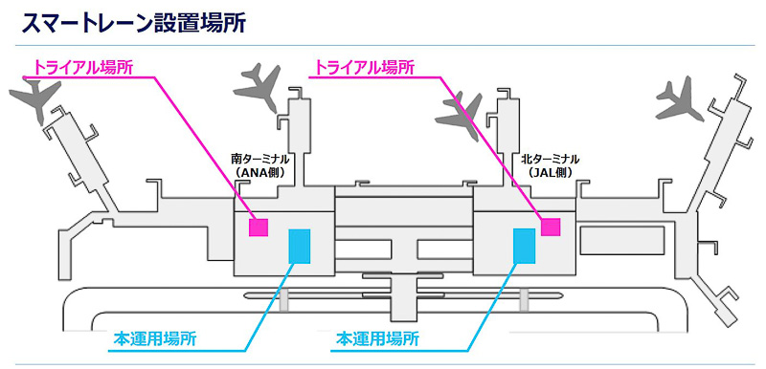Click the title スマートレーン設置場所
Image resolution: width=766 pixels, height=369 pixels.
pyautogui.click(x=134, y=23)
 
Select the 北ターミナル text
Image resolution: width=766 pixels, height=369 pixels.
pyautogui.click(x=551, y=159)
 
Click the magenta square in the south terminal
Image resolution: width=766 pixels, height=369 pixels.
pyautogui.click(x=259, y=227)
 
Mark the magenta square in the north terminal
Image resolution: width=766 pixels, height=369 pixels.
pyautogui.click(x=550, y=227)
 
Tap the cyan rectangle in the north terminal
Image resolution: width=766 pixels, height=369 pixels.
pyautogui.click(x=524, y=246)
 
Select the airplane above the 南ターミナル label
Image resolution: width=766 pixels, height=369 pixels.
pyautogui.click(x=257, y=85)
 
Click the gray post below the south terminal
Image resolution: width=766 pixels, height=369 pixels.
pyautogui.click(x=284, y=300)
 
